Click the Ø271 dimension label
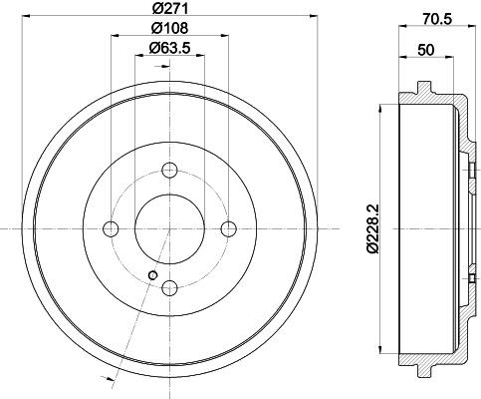[170, 8]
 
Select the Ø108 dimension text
[170, 28]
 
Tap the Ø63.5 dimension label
[169, 48]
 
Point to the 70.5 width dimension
[437, 19]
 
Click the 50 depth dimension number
[426, 50]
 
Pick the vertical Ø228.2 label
[372, 229]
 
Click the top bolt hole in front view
[169, 170]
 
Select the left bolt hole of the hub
[111, 228]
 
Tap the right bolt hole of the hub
[229, 228]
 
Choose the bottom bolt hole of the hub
[169, 288]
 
